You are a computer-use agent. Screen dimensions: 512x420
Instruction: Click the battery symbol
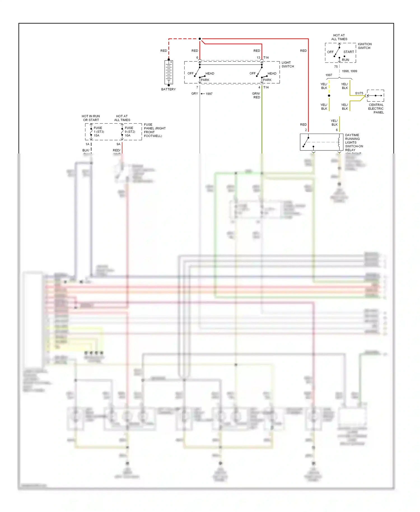coord(169,72)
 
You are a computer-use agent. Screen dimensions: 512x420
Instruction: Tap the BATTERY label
coord(168,89)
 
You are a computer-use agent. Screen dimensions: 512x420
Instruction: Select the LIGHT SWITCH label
coord(288,64)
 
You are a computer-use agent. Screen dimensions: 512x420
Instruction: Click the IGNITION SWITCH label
coord(364,46)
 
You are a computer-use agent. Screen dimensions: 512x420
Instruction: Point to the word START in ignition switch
coord(349,52)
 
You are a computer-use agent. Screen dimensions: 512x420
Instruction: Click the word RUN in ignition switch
coord(346,60)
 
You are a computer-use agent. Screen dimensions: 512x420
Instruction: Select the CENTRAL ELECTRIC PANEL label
coord(376,109)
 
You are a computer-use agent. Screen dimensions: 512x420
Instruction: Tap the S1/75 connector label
coord(359,93)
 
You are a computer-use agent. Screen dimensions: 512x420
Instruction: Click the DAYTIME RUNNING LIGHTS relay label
coord(354,143)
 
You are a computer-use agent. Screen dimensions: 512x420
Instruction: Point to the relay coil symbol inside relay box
coord(339,142)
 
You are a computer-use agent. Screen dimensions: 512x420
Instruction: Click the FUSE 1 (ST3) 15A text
coord(99,132)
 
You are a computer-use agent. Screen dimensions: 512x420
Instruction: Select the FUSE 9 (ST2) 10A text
coord(130,132)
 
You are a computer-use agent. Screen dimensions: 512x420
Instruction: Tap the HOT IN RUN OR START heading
coord(91,118)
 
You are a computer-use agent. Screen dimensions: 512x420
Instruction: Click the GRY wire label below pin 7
coord(195,94)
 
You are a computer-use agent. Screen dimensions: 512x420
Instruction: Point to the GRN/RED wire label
coord(256,96)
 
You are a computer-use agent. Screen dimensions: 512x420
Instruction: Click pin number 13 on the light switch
coord(258,58)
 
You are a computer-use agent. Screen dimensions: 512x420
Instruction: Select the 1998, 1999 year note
coord(349,71)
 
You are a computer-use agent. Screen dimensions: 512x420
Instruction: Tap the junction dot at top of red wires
coord(200,39)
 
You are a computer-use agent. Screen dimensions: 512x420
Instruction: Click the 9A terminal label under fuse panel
coord(118,144)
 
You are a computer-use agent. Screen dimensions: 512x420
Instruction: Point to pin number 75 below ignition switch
coord(336,67)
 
